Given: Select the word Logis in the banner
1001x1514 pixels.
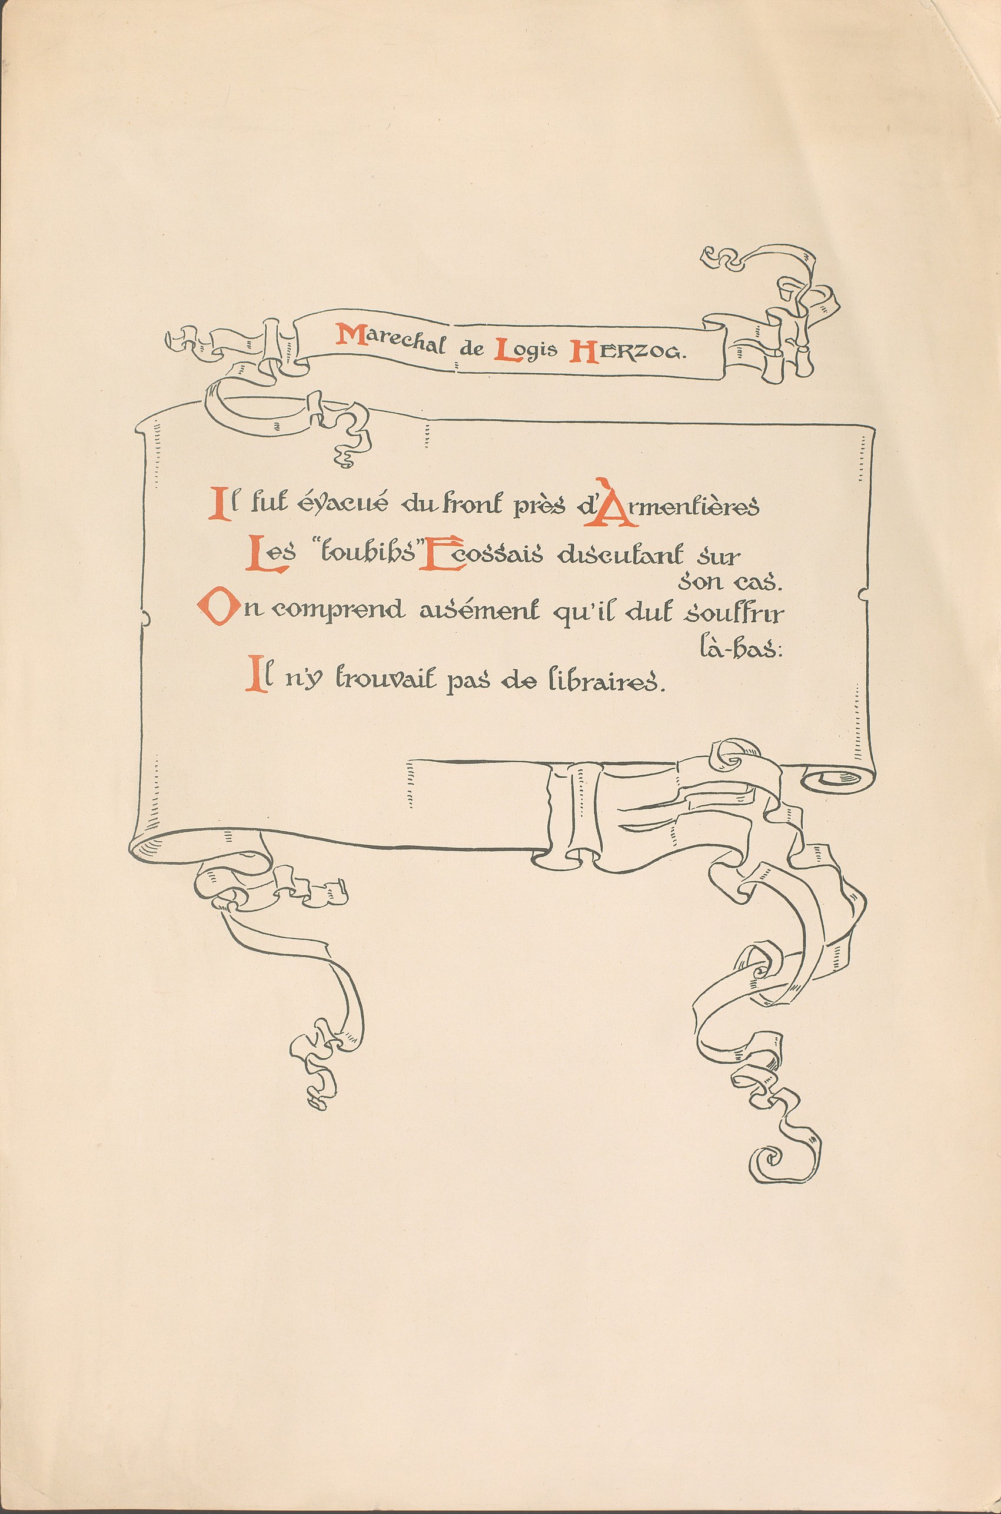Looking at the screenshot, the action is (526, 349).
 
